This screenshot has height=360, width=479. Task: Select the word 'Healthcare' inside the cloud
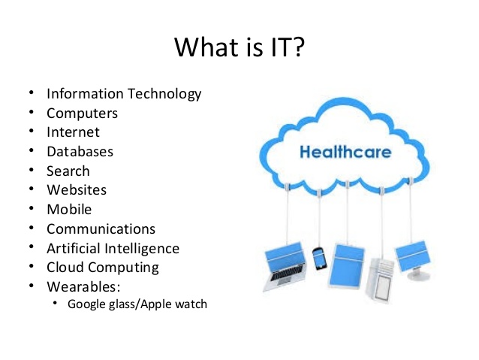[345, 153]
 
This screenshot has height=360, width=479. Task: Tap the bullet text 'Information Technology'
[124, 94]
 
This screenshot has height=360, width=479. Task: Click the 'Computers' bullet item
[82, 113]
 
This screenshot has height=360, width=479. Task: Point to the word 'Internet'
[73, 132]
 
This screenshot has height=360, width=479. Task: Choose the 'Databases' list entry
[80, 152]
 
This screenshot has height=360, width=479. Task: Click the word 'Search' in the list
[68, 171]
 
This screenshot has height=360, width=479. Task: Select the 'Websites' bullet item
[77, 190]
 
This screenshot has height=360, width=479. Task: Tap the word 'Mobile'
[69, 209]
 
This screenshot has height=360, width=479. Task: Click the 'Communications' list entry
[101, 228]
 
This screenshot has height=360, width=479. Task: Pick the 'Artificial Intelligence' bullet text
[113, 248]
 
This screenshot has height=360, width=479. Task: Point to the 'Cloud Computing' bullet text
[103, 267]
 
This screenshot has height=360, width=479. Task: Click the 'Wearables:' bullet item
[83, 286]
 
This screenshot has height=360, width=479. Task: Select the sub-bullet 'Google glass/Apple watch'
[137, 304]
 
